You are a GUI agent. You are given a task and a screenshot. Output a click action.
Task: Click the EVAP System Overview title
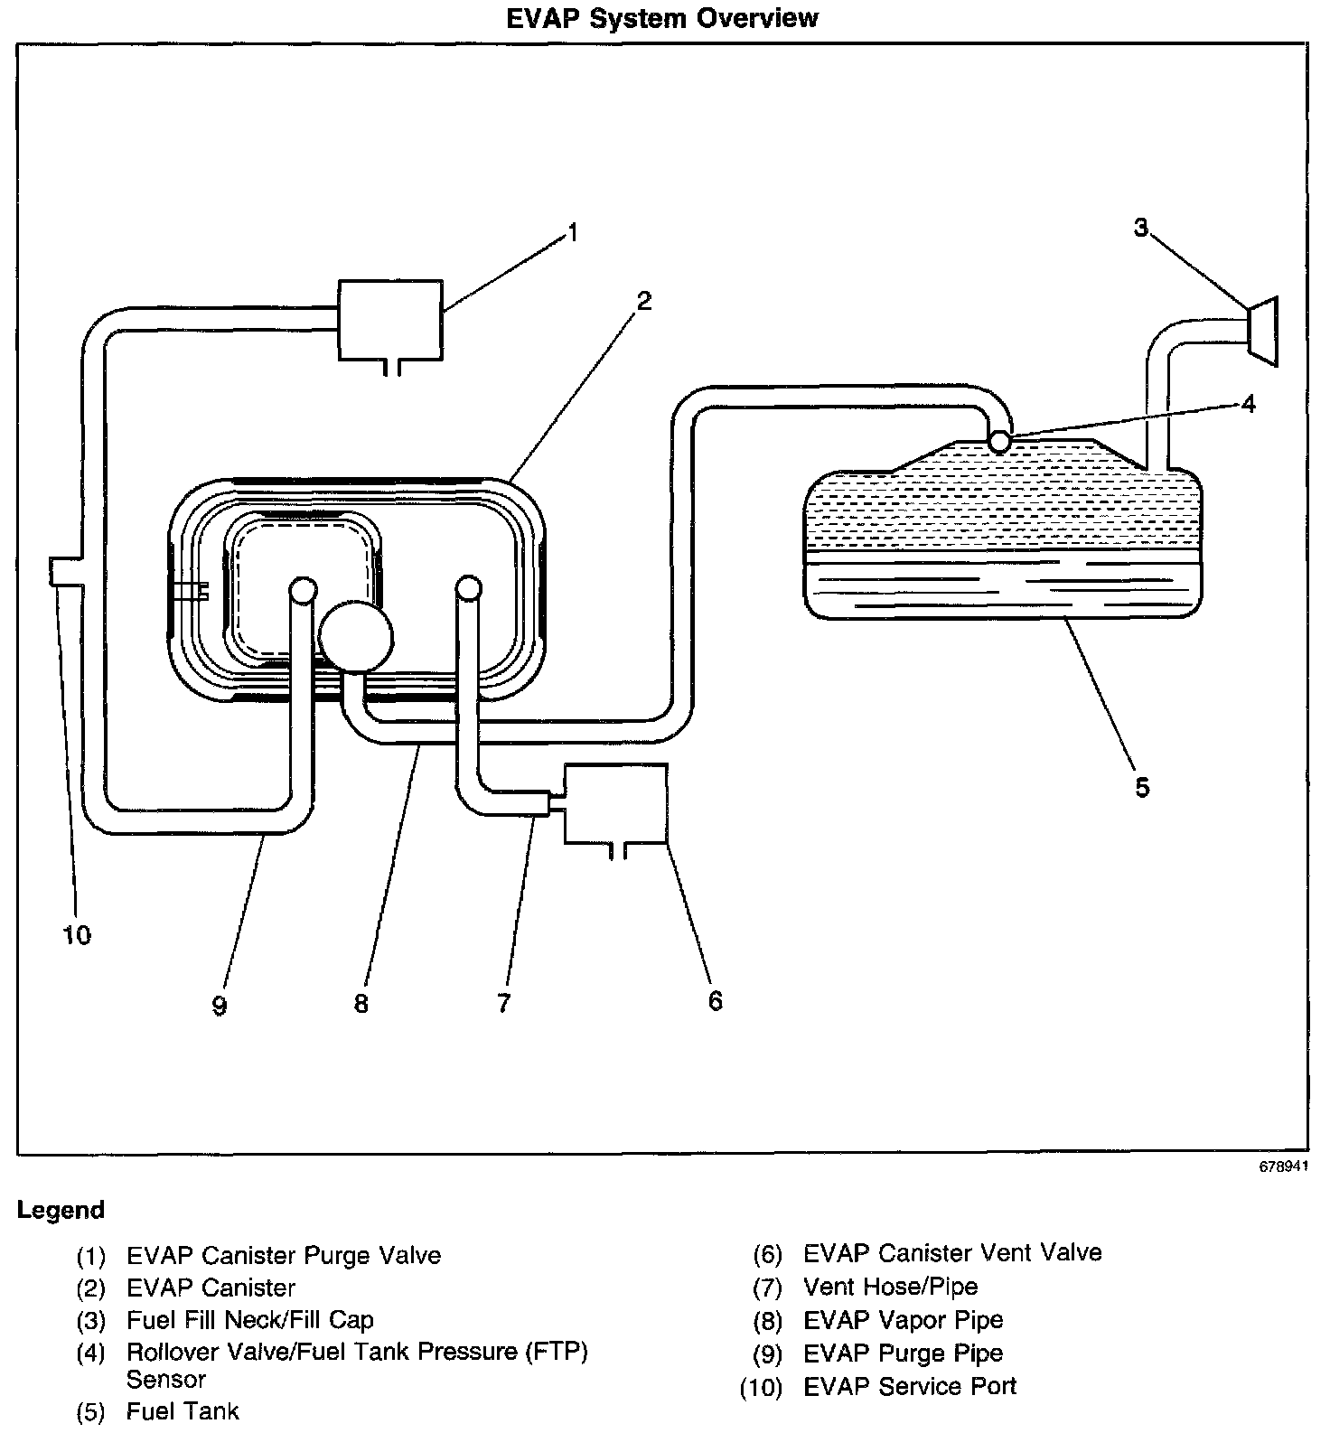tap(662, 18)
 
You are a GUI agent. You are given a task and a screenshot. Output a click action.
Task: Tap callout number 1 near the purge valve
tap(571, 233)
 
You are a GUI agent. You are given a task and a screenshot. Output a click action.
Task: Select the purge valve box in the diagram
tap(390, 320)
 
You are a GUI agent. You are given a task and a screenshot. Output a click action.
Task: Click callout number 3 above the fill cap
tap(1141, 228)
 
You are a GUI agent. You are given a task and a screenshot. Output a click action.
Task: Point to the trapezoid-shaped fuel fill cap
tap(1262, 332)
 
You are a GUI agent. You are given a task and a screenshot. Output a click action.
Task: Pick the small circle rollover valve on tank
tap(999, 441)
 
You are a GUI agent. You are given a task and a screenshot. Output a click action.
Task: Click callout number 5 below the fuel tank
tap(1142, 787)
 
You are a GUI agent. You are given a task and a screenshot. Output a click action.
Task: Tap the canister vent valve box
tap(615, 802)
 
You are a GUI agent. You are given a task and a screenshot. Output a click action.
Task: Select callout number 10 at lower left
tap(78, 935)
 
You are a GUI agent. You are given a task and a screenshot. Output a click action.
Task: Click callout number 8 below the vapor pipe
tap(361, 1004)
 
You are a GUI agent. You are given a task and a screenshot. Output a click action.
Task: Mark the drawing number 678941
tap(1283, 1166)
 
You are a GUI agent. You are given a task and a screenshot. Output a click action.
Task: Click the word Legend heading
tap(61, 1210)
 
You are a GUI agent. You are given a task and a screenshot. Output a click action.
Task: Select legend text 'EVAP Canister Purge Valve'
tap(284, 1255)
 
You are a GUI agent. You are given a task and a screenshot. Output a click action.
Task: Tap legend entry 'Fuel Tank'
tap(183, 1410)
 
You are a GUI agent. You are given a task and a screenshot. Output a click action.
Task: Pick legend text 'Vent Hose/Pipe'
tap(890, 1286)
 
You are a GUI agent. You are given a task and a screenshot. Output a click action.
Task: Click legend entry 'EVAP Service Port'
tap(910, 1386)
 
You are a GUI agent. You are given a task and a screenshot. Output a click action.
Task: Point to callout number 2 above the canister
tap(643, 300)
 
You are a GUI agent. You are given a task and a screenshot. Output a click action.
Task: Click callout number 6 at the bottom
tap(716, 1000)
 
